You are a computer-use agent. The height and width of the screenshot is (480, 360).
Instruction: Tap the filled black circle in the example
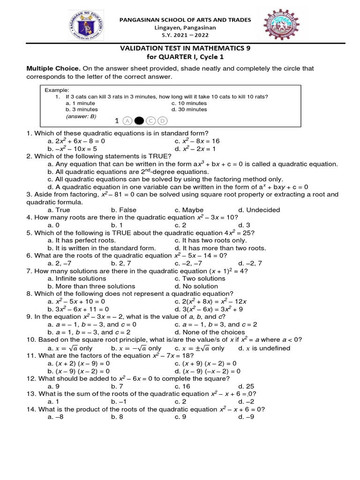tap(139, 121)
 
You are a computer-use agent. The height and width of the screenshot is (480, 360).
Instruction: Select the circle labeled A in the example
tap(127, 121)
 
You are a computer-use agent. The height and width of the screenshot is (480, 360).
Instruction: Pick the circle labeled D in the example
tap(163, 121)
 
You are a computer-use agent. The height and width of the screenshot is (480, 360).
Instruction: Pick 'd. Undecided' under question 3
tap(259, 210)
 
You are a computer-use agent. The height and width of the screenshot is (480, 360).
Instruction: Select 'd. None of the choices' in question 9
tap(210, 332)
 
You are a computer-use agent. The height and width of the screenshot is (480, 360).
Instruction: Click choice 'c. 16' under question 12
tap(181, 386)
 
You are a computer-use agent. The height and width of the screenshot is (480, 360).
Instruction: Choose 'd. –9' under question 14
tap(246, 417)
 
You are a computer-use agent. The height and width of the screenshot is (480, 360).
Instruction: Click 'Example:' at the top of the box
tap(57, 90)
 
